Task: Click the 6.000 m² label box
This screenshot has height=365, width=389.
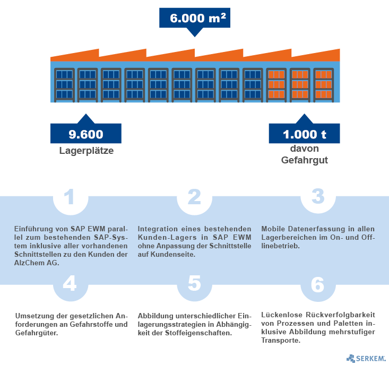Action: (194, 18)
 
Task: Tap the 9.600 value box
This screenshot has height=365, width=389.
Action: (86, 134)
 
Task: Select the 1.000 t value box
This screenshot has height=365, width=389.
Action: (304, 134)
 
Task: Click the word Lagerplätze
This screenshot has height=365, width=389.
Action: (86, 151)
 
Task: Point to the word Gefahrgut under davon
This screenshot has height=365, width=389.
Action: (304, 159)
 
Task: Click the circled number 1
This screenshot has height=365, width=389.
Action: (70, 197)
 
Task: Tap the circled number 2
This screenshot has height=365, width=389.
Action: (194, 197)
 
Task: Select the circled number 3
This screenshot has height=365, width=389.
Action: (317, 196)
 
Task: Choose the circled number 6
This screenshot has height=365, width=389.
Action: (317, 285)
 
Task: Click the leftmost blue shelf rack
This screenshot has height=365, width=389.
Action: (64, 84)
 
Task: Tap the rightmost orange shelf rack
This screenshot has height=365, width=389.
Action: (323, 84)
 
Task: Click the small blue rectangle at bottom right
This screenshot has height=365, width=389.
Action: (366, 358)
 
